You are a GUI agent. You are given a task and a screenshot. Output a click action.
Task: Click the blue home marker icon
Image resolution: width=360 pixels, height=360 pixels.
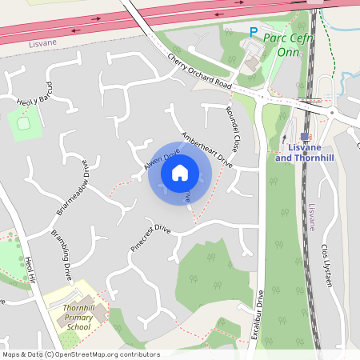pos(180,172)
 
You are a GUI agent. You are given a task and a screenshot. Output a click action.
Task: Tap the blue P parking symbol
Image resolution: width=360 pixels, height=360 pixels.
pos(254,33)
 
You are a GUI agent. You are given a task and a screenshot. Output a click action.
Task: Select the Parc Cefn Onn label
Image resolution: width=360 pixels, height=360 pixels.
pos(288,45)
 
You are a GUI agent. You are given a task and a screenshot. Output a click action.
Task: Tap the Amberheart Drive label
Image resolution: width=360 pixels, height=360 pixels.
pos(206,150)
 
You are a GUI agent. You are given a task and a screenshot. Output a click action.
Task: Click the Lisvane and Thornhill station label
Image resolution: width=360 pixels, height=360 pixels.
pos(304,153)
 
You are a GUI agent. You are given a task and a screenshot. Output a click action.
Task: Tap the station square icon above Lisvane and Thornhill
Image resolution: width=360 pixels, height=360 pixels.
pos(305,137)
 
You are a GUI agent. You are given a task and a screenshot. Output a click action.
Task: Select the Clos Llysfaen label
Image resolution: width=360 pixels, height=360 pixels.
pos(326,265)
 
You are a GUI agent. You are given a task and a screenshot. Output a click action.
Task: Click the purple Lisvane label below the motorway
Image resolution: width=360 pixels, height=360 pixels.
pos(17,47)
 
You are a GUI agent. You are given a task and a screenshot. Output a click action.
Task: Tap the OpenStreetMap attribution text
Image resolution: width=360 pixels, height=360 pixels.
pos(80,354)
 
